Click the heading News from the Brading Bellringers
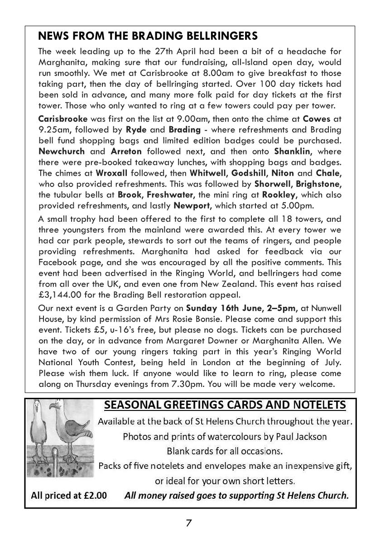[148, 36]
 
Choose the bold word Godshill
[252, 172]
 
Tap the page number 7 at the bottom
[189, 523]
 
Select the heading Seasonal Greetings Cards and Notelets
[225, 405]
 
